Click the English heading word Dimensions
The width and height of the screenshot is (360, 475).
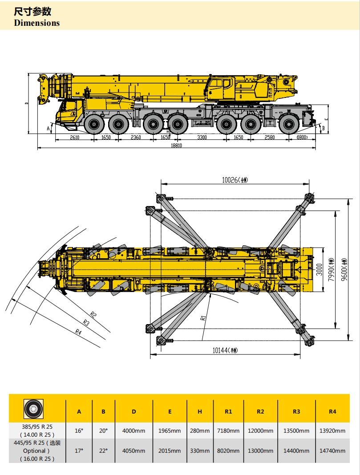[x=37, y=23]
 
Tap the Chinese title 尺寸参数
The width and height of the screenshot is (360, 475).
[x=32, y=11]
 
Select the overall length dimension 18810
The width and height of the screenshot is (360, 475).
[x=177, y=145]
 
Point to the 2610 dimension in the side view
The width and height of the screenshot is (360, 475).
[x=74, y=137]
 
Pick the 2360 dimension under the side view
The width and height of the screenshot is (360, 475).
[x=136, y=137]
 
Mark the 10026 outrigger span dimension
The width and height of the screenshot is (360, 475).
[x=235, y=180]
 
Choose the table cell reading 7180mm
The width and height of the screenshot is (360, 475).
[x=228, y=430]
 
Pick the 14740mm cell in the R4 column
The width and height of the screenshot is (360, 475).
[x=332, y=451]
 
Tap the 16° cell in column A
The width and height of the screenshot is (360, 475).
[x=79, y=430]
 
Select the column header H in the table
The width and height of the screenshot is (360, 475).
[x=199, y=411]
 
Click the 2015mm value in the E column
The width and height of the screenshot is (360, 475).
[x=170, y=451]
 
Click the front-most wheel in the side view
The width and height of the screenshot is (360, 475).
[x=94, y=124]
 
